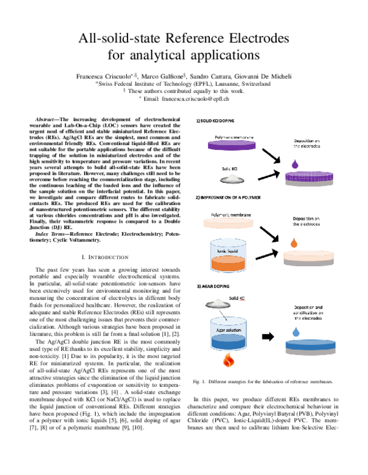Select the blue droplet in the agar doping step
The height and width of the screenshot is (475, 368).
pos(296,331)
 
